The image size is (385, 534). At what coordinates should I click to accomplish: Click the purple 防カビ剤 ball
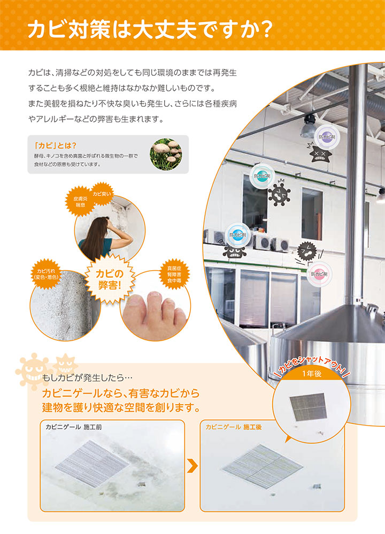(324, 136)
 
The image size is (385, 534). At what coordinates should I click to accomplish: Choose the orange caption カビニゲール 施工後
(234, 427)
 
